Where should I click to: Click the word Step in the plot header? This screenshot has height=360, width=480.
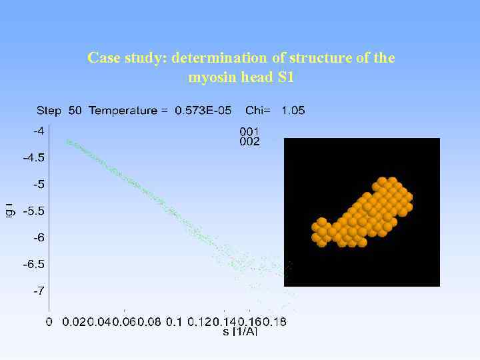pos(49,111)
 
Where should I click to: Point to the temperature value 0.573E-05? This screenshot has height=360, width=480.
pos(203,111)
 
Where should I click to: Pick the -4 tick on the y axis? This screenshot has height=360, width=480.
pos(39,131)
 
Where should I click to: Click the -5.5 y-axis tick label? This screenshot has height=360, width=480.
pos(34,211)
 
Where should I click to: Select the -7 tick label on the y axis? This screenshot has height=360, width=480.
pos(39,291)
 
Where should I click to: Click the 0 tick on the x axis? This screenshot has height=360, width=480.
pos(49,322)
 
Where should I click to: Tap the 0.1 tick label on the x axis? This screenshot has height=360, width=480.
pos(174,322)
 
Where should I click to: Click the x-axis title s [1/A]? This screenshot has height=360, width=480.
pos(240,331)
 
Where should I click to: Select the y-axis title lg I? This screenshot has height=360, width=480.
pos(9,211)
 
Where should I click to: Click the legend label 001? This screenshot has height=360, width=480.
pos(249,131)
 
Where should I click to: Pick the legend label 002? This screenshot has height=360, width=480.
pos(249,141)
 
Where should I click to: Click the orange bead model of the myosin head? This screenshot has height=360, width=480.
pos(363,213)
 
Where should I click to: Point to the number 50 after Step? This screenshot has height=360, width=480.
pos(75,111)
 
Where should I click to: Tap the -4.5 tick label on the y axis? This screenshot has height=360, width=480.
pos(34,158)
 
